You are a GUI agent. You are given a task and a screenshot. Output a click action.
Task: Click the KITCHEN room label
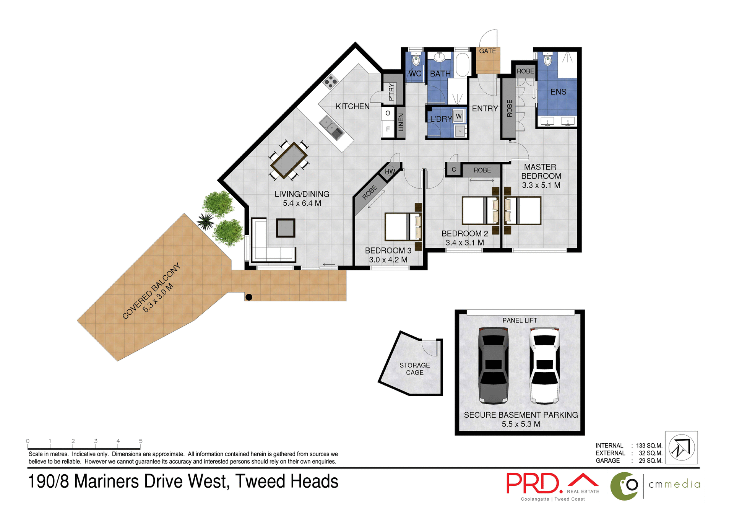(352, 106)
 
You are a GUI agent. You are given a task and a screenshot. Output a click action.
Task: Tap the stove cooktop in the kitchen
(331, 81)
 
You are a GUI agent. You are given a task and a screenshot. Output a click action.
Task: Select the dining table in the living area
(289, 160)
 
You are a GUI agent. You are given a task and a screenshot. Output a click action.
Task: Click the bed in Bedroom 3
(401, 227)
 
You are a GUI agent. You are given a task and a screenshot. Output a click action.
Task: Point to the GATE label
(487, 51)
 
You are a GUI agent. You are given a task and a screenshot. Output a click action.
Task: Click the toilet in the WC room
(416, 60)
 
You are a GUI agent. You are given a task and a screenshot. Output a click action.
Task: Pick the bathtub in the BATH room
(462, 65)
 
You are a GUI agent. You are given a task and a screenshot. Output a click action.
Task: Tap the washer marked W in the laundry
(459, 116)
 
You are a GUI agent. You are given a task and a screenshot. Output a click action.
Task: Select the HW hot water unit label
(390, 171)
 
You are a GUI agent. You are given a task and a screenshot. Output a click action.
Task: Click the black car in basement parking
(493, 365)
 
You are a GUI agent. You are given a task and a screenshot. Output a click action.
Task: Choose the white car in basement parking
(544, 365)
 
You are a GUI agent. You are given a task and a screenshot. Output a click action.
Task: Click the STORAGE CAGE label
(414, 369)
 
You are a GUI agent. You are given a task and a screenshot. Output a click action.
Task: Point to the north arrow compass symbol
(681, 447)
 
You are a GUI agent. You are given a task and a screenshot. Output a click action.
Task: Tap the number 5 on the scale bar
(141, 441)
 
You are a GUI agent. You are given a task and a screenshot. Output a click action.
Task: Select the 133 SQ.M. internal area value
(649, 446)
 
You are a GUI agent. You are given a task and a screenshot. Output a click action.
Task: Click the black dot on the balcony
(249, 297)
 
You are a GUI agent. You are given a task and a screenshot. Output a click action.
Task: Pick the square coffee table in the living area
(286, 228)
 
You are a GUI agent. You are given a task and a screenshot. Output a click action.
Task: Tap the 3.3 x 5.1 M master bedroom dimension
(541, 185)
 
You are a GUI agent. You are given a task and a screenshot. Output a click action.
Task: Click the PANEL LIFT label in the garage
(520, 321)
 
